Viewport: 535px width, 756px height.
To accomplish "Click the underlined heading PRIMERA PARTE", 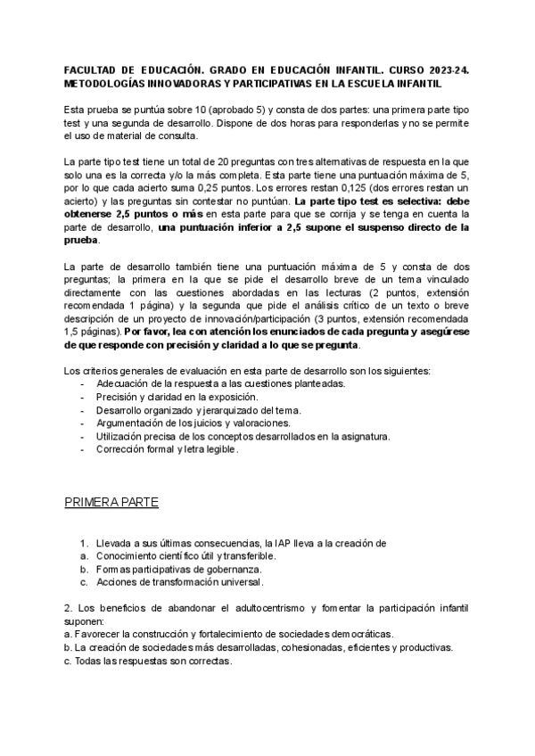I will click(111, 503).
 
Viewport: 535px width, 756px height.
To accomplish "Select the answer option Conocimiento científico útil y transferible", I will click(187, 555).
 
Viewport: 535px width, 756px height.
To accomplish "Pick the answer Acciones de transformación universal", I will click(181, 582).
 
